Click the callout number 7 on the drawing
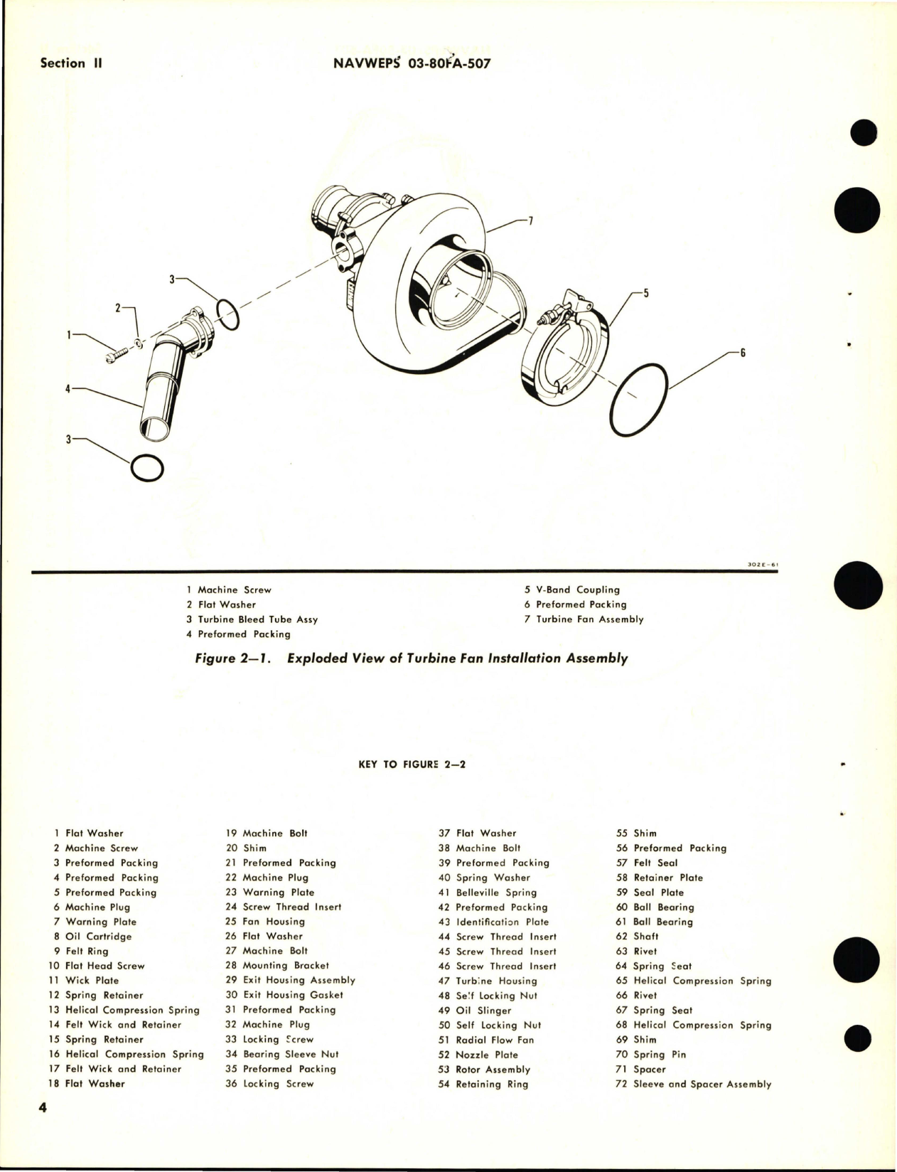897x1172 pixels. (530, 220)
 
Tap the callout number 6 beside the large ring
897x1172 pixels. (742, 353)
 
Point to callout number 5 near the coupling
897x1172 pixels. (645, 292)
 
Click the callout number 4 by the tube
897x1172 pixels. (68, 389)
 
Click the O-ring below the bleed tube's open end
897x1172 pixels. (147, 468)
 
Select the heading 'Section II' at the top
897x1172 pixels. (72, 63)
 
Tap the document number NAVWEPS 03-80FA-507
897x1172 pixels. (412, 63)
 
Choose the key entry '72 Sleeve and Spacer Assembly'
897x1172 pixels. (693, 1085)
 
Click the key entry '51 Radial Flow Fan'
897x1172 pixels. (486, 1040)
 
